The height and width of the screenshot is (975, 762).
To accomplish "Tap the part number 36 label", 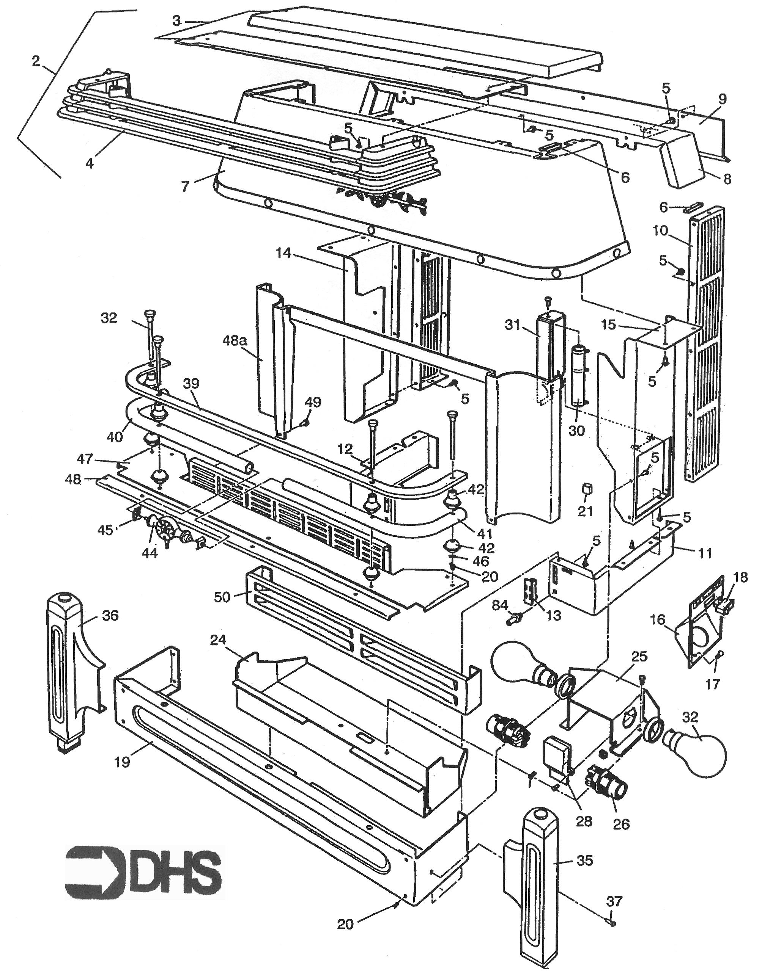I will point(110,616).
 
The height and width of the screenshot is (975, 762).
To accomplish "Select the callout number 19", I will point(122,762).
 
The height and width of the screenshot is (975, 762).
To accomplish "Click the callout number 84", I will point(500,605).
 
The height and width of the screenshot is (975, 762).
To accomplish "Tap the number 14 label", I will point(283,254).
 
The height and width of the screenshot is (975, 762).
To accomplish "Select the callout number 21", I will point(585,511).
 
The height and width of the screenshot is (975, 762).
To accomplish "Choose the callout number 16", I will point(658,620).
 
